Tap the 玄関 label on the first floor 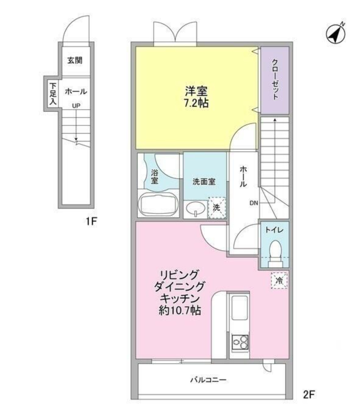pyautogui.click(x=75, y=60)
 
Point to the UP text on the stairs pyautogui.click(x=76, y=106)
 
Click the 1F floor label pyautogui.click(x=91, y=221)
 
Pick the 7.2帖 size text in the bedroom pyautogui.click(x=196, y=103)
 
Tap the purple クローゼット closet pyautogui.click(x=275, y=80)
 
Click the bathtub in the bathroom pyautogui.click(x=158, y=204)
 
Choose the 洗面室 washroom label pyautogui.click(x=204, y=182)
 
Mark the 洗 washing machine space pyautogui.click(x=217, y=208)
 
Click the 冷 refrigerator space pyautogui.click(x=279, y=280)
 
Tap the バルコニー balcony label pyautogui.click(x=208, y=380)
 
